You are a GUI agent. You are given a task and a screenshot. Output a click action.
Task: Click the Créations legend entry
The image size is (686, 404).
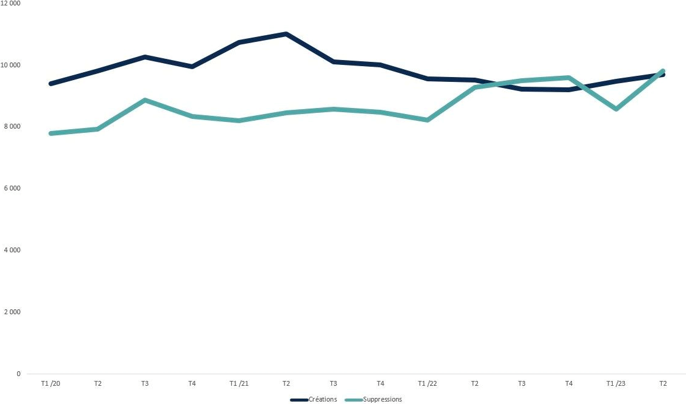[314, 399]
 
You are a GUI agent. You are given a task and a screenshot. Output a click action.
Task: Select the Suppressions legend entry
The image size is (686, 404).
[373, 399]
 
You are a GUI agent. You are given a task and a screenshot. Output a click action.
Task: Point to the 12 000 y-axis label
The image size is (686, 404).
[10, 3]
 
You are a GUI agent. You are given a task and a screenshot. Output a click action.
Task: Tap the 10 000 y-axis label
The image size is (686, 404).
[10, 66]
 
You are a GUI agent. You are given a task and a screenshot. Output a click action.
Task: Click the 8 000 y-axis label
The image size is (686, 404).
[12, 127]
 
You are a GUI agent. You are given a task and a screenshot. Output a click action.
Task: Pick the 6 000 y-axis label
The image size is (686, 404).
[12, 188]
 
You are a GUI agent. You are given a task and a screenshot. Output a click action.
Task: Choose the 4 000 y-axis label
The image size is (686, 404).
[12, 250]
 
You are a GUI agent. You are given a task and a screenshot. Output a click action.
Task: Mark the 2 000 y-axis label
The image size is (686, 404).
[12, 312]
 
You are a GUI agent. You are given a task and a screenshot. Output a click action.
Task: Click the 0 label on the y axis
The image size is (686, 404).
[18, 374]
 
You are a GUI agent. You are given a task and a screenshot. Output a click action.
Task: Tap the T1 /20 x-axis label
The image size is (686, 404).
[51, 383]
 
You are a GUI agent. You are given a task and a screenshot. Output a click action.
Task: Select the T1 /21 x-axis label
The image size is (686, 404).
[239, 383]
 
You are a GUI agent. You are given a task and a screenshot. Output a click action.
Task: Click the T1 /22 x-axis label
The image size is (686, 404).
[428, 383]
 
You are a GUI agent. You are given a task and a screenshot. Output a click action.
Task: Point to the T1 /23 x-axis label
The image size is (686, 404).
[616, 383]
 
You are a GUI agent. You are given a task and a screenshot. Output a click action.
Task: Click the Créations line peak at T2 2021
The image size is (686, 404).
[286, 34]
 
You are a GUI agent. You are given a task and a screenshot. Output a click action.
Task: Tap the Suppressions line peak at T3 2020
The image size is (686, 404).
[145, 100]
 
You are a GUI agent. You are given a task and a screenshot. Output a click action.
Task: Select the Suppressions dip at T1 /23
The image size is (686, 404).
[616, 109]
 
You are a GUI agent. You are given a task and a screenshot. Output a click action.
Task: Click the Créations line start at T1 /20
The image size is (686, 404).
[51, 84]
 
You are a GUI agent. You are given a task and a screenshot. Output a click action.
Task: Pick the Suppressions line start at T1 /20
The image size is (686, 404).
[51, 133]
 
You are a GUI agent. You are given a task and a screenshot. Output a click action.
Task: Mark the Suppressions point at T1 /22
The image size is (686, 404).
[428, 120]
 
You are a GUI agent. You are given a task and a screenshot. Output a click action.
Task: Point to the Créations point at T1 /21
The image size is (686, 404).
[239, 42]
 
